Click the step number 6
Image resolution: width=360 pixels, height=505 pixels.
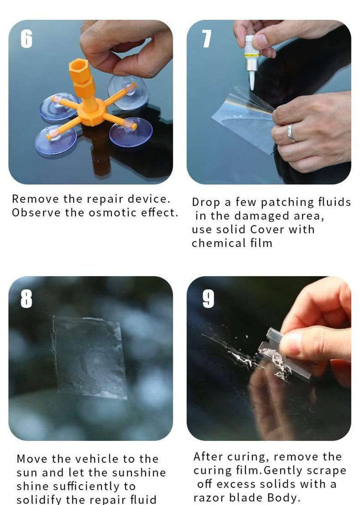pos(26,39)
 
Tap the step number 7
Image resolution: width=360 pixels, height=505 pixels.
pos(206,39)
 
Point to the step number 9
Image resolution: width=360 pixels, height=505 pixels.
pos(208,298)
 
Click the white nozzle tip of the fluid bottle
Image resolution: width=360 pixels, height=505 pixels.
pos(252,80)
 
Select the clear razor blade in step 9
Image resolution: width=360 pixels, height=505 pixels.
pos(286,353)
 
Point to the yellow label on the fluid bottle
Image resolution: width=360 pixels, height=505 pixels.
pos(251,53)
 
